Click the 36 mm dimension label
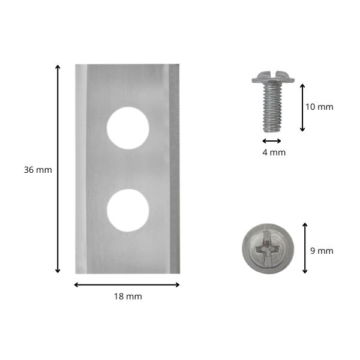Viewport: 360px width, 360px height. tap(38, 170)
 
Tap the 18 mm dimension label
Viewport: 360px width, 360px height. tap(128, 296)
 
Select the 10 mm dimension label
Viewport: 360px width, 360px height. tap(319, 107)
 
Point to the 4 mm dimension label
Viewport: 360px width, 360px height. tap(274, 152)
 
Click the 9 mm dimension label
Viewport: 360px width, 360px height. tap(322, 251)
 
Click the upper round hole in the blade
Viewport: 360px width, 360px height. tap(128, 128)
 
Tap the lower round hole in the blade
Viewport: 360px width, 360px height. tap(128, 211)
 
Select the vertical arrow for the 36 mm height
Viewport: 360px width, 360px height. tap(58, 169)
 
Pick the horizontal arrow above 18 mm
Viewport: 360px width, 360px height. tap(127, 285)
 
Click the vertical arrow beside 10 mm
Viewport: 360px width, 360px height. tap(302, 107)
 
